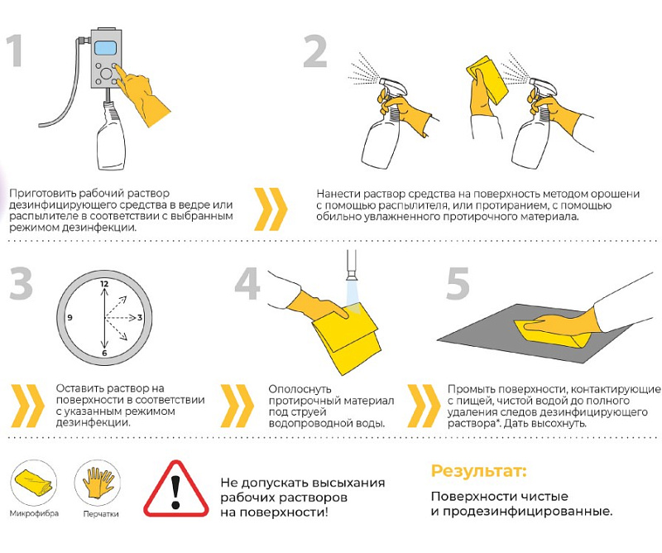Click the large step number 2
314,51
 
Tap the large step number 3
21,284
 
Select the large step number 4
247,284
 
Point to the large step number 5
458,284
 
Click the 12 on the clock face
104,283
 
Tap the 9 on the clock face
70,318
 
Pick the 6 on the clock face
104,353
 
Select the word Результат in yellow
478,472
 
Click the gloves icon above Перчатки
99,483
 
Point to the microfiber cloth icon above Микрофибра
33,483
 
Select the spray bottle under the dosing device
109,141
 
